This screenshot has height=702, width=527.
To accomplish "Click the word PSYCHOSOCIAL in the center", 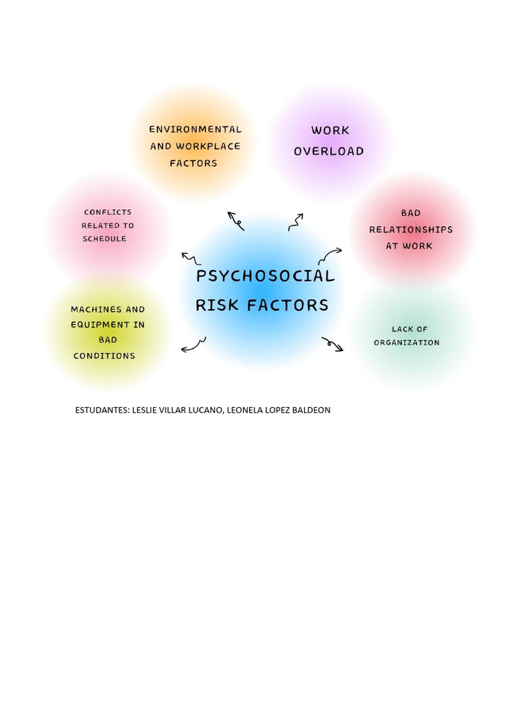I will [265, 276].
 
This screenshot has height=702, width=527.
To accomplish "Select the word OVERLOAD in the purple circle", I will [329, 152].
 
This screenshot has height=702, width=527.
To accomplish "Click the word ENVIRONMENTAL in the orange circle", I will [196, 130].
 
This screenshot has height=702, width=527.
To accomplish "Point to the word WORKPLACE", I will [208, 146].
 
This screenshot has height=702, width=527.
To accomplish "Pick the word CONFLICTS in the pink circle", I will [108, 213].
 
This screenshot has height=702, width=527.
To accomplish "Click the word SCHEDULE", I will [104, 239].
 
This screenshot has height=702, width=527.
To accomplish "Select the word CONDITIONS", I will [104, 356].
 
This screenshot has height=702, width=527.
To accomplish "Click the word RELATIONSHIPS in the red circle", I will [410, 230].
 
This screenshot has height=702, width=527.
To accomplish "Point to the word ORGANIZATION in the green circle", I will [406, 343].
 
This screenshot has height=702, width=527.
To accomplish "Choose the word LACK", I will [401, 330].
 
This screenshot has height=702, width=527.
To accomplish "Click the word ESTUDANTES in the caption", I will [102, 410].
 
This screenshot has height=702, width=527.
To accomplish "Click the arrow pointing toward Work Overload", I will [296, 221].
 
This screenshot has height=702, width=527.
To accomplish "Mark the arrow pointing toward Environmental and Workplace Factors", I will [236, 221].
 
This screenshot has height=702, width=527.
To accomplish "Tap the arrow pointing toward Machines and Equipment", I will [194, 345].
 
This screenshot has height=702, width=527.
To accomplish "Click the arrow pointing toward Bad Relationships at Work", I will [329, 256].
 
